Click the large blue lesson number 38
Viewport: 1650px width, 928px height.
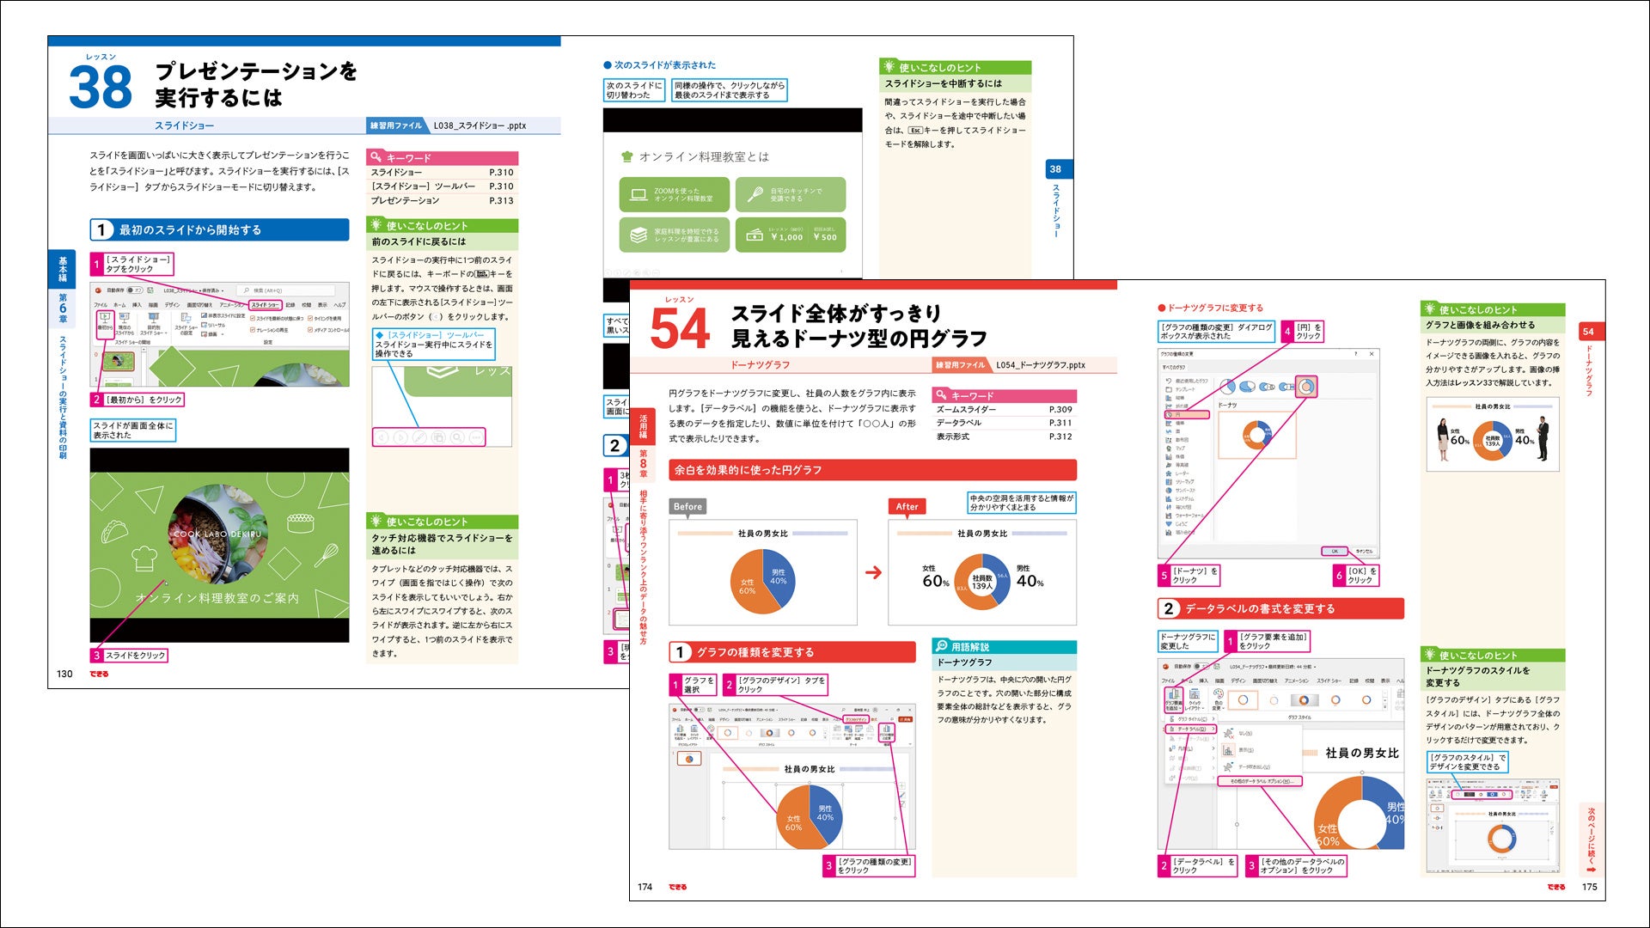[x=101, y=88]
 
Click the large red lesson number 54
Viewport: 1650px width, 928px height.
[x=680, y=329]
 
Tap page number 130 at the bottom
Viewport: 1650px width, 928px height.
[x=64, y=674]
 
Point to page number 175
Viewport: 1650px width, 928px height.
[x=1589, y=887]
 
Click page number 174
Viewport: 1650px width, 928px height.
[x=645, y=887]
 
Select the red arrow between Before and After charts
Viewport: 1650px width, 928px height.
[x=873, y=572]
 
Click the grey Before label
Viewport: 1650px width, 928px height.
[x=687, y=507]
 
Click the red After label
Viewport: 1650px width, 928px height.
[x=907, y=507]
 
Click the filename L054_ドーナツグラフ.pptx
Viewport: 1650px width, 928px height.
[x=1041, y=365]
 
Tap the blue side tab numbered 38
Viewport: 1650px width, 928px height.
[x=1055, y=169]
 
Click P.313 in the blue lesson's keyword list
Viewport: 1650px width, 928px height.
[x=501, y=201]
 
